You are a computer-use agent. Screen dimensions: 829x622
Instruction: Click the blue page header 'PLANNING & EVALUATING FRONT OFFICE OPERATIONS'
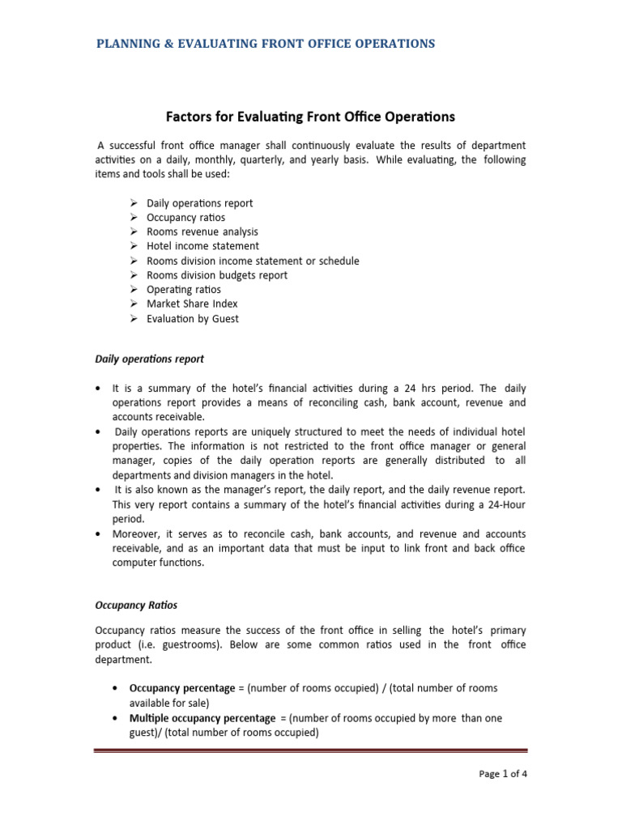pyautogui.click(x=265, y=44)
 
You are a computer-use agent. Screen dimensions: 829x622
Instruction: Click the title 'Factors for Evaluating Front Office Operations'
pyautogui.click(x=310, y=117)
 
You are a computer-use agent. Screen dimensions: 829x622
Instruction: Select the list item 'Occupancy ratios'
pyautogui.click(x=185, y=218)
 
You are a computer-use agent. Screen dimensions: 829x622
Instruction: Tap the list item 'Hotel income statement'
pyautogui.click(x=202, y=246)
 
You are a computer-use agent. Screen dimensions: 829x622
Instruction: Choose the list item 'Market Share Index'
pyautogui.click(x=192, y=304)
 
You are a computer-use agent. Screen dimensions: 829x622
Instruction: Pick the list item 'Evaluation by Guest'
pyautogui.click(x=193, y=318)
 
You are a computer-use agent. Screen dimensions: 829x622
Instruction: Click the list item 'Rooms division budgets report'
pyautogui.click(x=216, y=275)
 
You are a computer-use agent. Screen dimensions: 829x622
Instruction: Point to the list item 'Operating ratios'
pyautogui.click(x=183, y=289)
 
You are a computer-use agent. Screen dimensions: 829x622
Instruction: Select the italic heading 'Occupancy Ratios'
pyautogui.click(x=136, y=605)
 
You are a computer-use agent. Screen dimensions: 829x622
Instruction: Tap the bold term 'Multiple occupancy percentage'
pyautogui.click(x=198, y=718)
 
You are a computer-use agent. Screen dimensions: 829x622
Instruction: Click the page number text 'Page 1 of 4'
pyautogui.click(x=503, y=773)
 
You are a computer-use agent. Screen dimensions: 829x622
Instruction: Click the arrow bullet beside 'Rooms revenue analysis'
pyautogui.click(x=134, y=232)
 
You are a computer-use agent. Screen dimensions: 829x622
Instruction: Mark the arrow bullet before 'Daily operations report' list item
pyautogui.click(x=134, y=203)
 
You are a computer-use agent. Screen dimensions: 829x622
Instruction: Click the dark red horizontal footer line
pyautogui.click(x=311, y=750)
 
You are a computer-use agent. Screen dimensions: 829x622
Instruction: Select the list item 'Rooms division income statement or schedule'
pyautogui.click(x=253, y=261)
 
